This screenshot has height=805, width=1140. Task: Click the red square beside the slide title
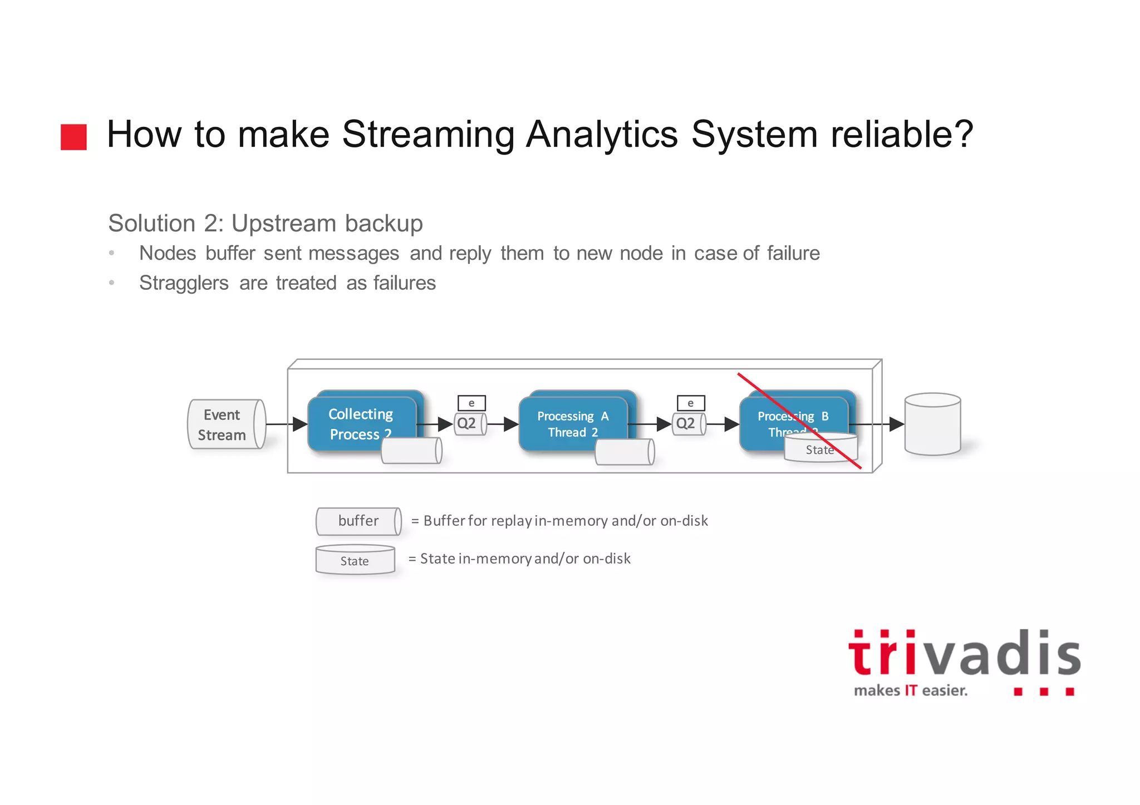(x=73, y=137)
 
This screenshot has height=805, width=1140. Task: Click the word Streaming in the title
(x=427, y=135)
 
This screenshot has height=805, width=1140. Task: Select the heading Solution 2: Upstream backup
(x=266, y=224)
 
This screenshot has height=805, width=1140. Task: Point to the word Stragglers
(x=184, y=283)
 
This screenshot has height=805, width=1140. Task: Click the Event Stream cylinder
(x=226, y=424)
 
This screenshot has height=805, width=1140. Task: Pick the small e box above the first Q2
(x=471, y=403)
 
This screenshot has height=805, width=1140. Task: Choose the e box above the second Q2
(x=691, y=403)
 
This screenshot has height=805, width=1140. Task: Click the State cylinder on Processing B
(x=820, y=448)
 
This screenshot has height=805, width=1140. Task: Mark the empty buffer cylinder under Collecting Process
(x=411, y=451)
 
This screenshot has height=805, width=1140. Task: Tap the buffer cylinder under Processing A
(x=625, y=452)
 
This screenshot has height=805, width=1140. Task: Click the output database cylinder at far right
(x=932, y=424)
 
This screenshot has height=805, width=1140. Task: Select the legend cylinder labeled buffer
(x=358, y=521)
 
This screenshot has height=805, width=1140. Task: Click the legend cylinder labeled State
(x=355, y=560)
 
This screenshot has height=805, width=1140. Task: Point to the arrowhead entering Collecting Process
(x=300, y=424)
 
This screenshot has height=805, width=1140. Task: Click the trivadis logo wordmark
(x=964, y=654)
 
